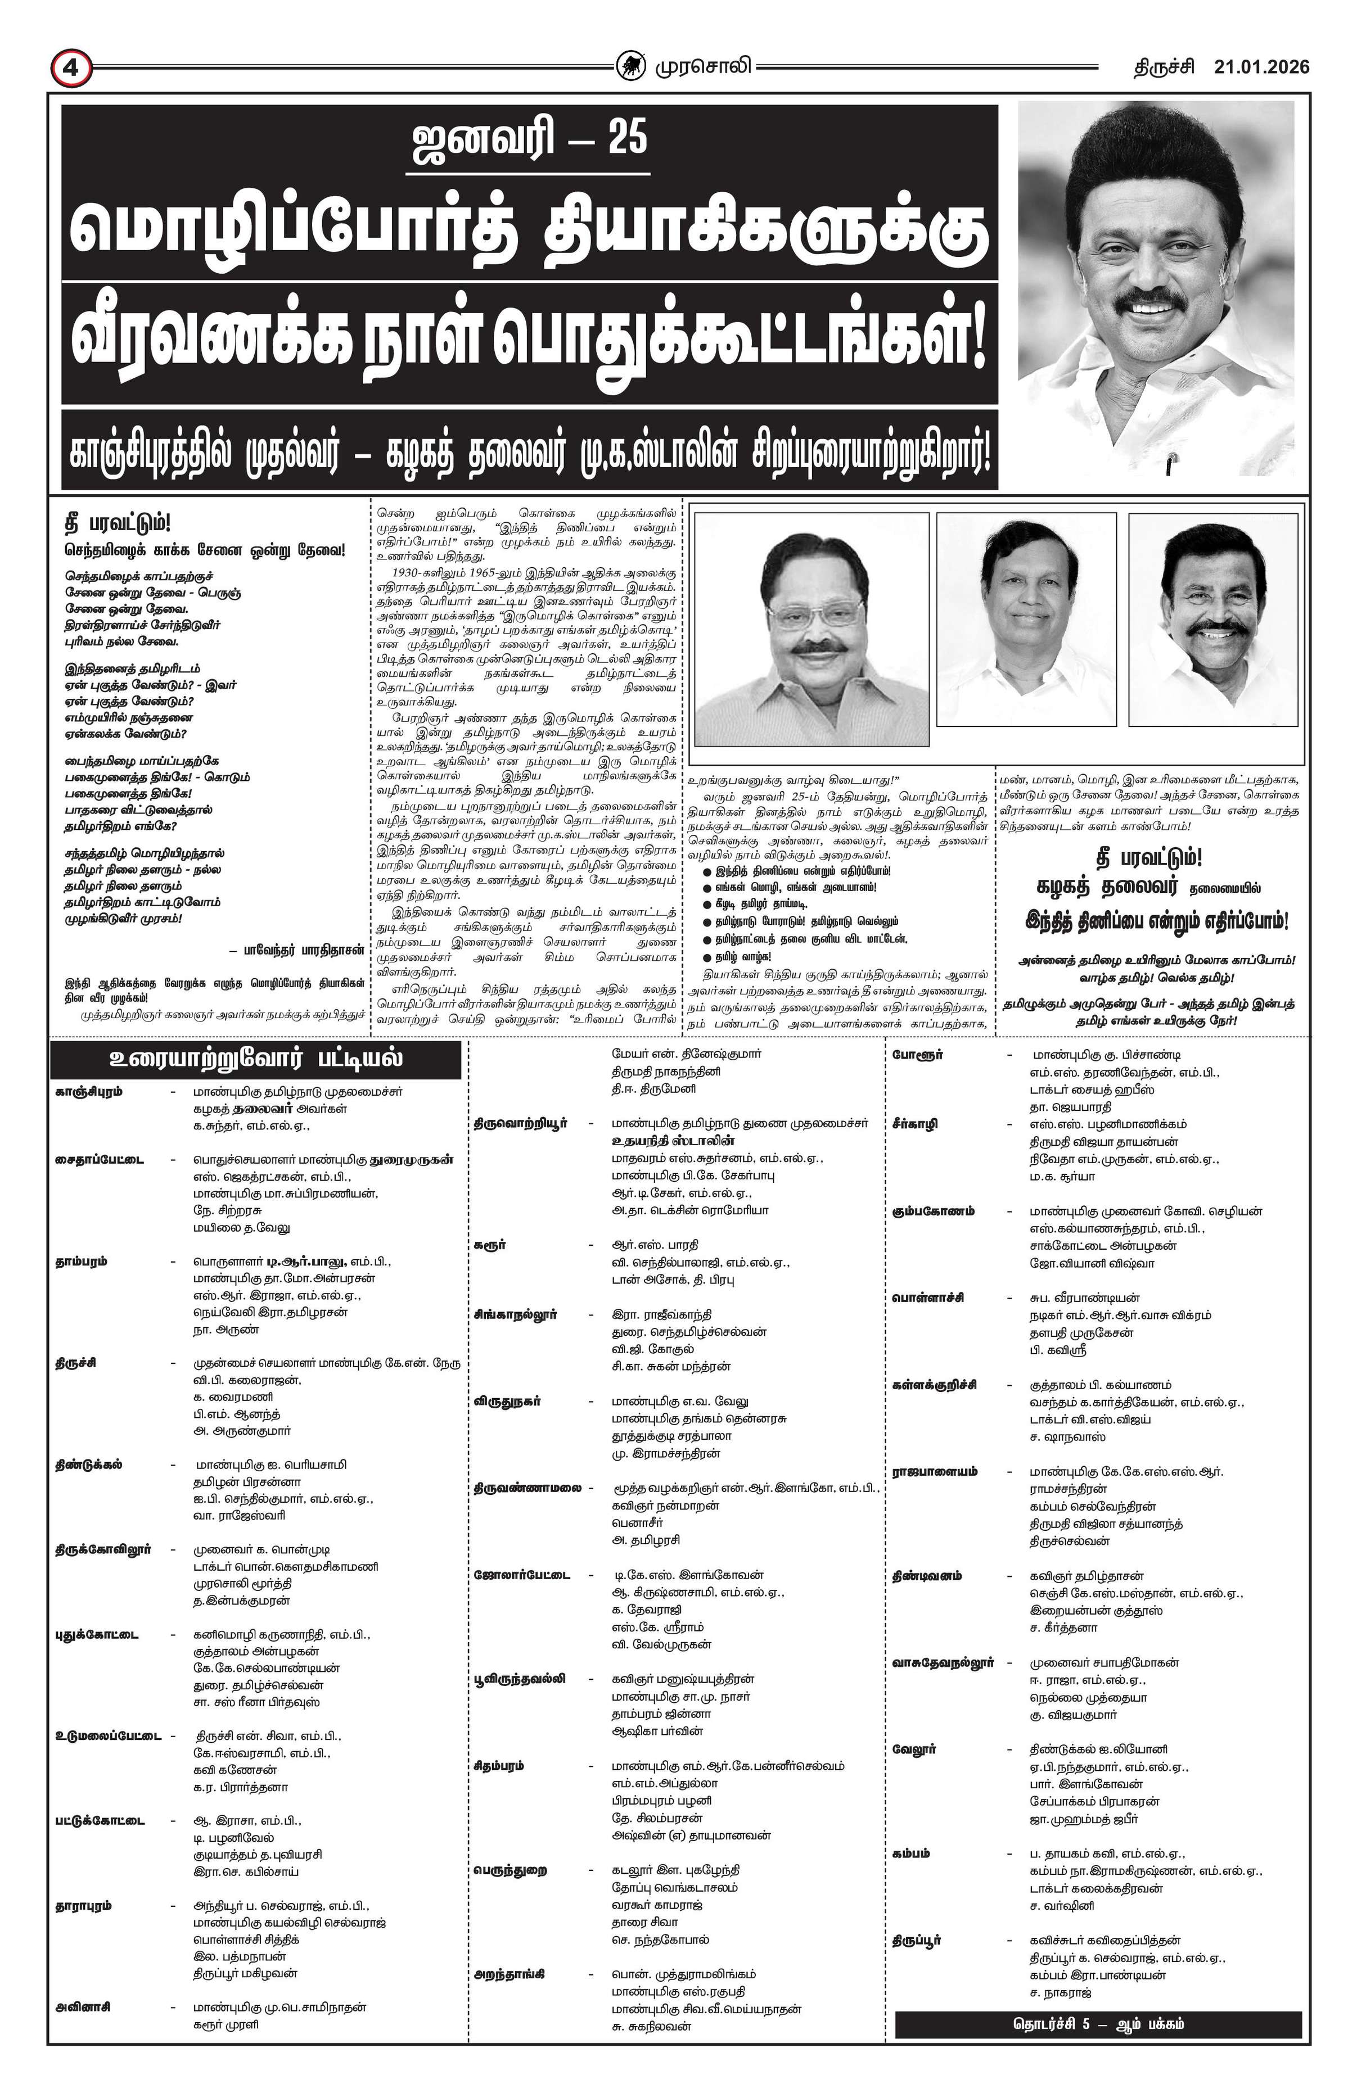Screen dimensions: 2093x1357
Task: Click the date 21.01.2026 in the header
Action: coord(1261,67)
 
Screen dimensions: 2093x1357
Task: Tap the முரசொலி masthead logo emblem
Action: coord(630,66)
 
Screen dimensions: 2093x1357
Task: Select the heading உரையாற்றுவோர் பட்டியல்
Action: coord(256,1058)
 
